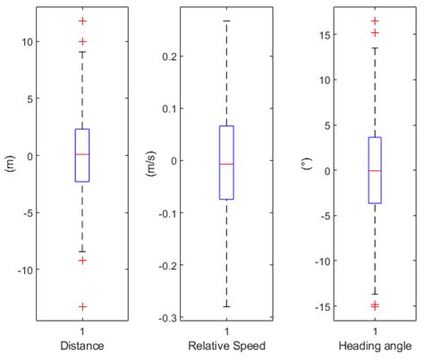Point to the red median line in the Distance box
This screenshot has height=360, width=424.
click(x=82, y=155)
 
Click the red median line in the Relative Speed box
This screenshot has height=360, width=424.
click(x=227, y=164)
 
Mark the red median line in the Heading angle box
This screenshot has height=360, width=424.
click(x=375, y=170)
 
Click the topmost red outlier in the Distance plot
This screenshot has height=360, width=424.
click(x=82, y=21)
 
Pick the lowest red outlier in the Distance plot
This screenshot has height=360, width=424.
click(x=82, y=306)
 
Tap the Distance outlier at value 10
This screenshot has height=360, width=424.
click(x=82, y=41)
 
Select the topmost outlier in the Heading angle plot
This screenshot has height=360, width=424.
click(x=375, y=21)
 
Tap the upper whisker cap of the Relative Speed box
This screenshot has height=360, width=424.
click(x=227, y=21)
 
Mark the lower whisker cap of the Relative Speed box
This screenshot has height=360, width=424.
click(x=227, y=307)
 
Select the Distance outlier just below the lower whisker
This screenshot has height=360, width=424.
click(x=82, y=261)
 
